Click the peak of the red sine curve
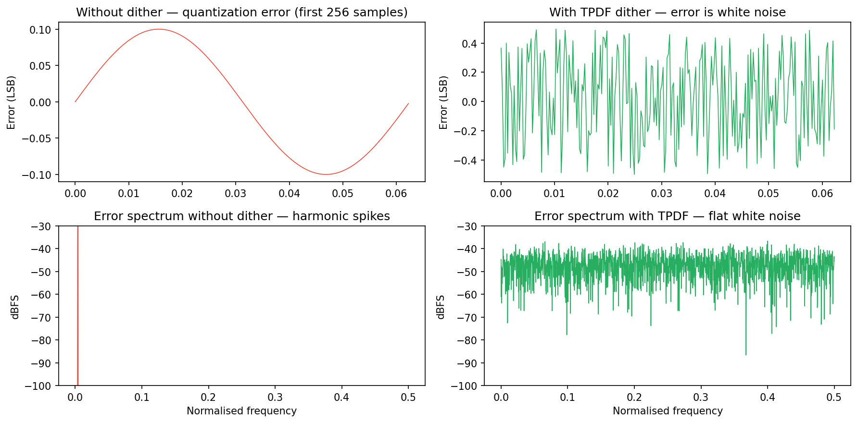point(159,29)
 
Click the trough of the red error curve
point(326,174)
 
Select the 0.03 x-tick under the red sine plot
point(236,193)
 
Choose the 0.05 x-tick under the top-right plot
point(769,193)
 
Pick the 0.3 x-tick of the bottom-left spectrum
point(275,398)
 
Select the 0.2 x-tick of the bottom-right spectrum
point(634,398)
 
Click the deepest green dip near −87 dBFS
point(746,354)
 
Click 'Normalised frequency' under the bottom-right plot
point(668,411)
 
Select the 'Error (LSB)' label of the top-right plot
point(443,102)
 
